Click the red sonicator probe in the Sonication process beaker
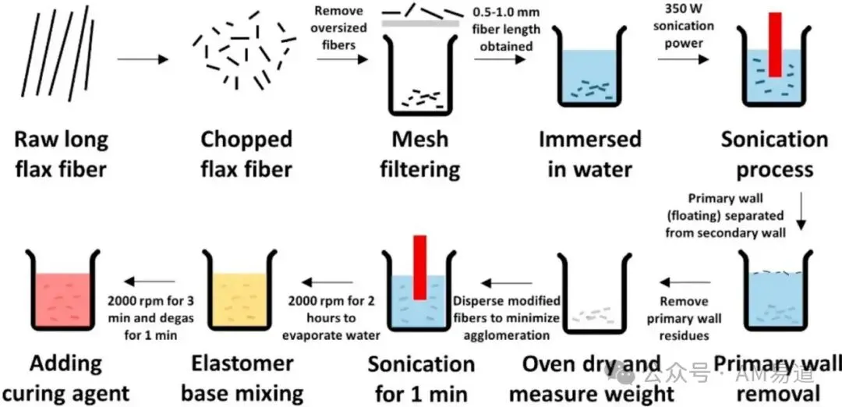[775, 44]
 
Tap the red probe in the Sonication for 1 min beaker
[419, 267]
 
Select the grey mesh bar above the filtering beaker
[420, 23]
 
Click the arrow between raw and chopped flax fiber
[143, 59]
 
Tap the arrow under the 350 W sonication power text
[683, 59]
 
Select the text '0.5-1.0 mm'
[507, 12]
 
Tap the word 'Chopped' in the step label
[246, 140]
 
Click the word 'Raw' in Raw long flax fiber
[34, 140]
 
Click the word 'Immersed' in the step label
[590, 140]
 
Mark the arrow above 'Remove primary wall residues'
[686, 282]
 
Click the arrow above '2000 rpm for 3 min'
[150, 281]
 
